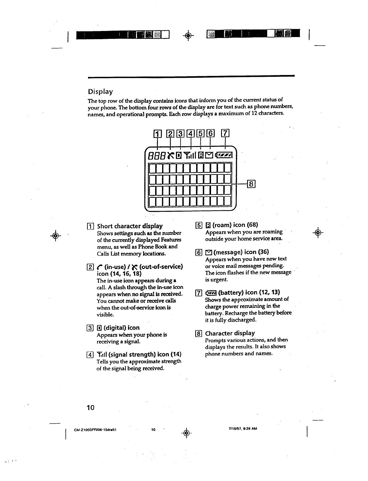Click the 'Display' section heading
click(x=100, y=91)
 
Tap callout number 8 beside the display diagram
click(x=252, y=184)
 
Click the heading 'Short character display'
click(x=130, y=226)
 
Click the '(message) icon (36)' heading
click(x=241, y=252)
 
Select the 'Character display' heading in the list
click(x=230, y=333)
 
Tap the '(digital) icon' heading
click(x=121, y=328)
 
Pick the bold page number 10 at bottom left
click(x=90, y=408)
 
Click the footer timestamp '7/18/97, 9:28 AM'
click(x=243, y=429)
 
